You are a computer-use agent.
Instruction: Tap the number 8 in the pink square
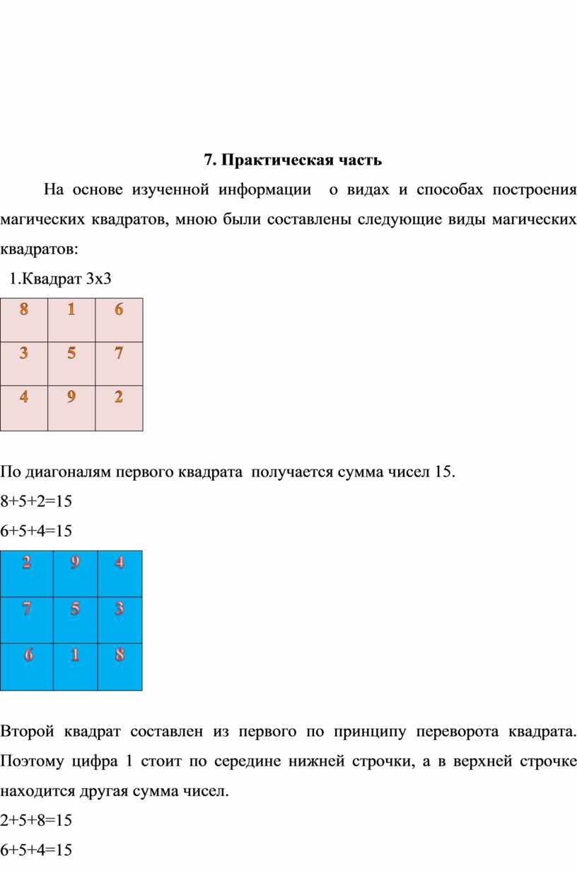(25, 310)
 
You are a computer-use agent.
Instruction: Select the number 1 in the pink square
(71, 310)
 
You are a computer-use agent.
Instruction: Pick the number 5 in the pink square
(71, 353)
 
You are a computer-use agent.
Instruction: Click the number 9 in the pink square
(71, 397)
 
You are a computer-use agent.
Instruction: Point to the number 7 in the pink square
(118, 353)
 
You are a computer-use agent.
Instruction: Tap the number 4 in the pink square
(25, 397)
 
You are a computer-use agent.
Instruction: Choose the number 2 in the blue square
(26, 563)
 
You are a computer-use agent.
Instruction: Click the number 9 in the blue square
(74, 563)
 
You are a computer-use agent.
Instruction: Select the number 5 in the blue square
(74, 608)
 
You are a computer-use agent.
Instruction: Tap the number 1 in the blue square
(74, 655)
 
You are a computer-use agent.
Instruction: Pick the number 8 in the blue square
(120, 655)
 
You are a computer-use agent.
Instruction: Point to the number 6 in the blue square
(28, 655)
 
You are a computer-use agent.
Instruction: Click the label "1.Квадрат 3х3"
(60, 278)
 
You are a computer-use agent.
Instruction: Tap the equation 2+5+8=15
(36, 821)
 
